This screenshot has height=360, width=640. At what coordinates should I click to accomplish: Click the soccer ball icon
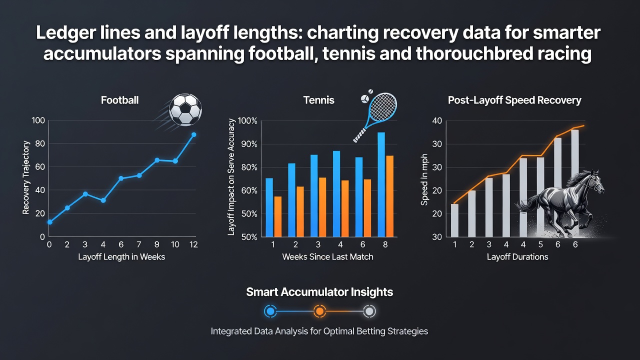185,109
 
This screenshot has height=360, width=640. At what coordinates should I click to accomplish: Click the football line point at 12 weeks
193,135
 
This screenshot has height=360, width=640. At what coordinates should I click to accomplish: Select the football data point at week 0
49,222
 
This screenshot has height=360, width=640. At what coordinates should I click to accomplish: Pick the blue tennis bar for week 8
381,184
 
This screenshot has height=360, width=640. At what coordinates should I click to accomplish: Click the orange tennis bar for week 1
277,216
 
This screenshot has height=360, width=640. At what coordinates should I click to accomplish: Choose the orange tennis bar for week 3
322,207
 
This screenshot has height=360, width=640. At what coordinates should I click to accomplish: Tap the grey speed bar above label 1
454,220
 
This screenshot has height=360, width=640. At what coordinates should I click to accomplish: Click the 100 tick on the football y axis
38,120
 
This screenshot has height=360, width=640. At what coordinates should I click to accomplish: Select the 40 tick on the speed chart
437,121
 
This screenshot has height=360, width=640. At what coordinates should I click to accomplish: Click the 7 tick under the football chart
139,244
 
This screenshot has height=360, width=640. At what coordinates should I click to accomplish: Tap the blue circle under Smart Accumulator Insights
270,311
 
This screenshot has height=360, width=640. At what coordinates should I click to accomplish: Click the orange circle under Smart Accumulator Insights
319,311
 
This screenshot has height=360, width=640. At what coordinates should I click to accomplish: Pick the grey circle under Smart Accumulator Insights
369,311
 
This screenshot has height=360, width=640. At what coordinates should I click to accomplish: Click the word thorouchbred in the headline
474,53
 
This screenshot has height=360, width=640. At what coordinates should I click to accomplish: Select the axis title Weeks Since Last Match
327,257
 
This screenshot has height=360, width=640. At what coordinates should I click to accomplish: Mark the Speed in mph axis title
424,179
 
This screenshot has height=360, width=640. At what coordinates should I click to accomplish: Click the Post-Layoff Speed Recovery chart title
514,100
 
